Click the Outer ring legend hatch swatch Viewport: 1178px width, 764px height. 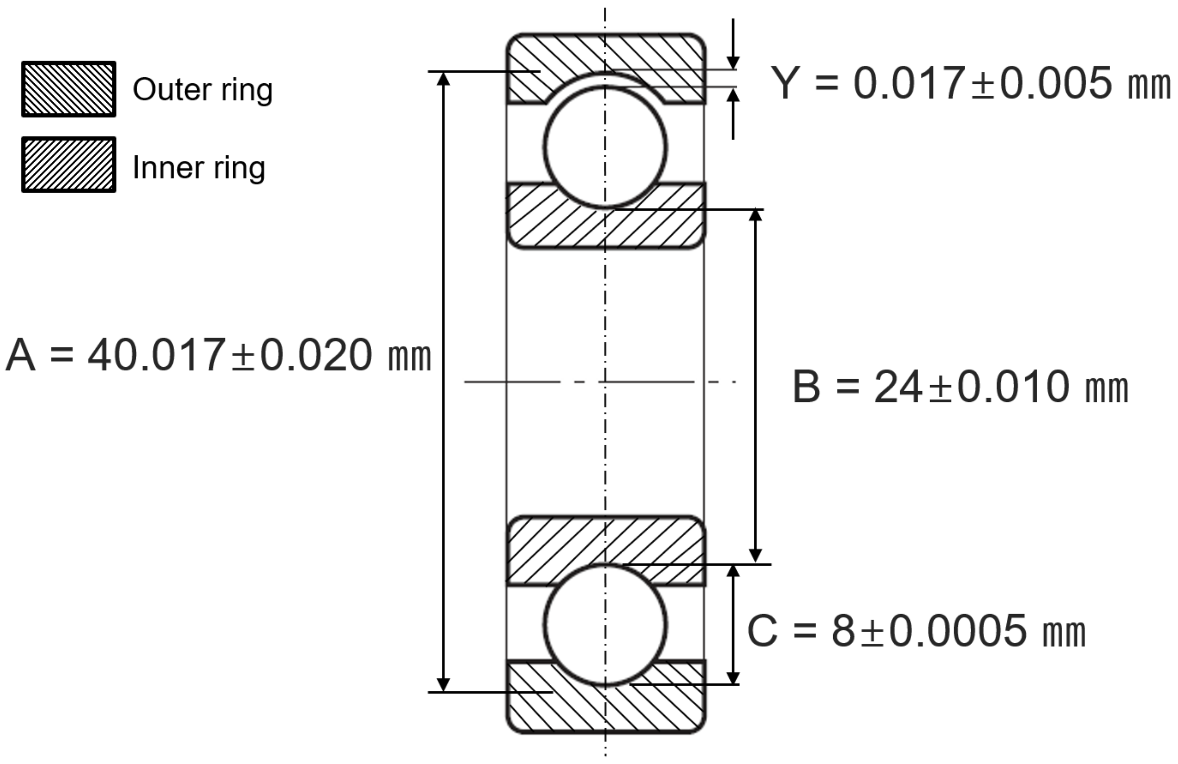(x=69, y=89)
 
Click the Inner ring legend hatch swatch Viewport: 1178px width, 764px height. (x=69, y=164)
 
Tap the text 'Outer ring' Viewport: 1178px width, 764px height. (x=203, y=90)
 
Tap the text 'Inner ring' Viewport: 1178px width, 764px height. (x=199, y=168)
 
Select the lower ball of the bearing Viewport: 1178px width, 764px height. (x=605, y=625)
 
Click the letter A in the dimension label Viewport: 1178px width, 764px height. (x=21, y=355)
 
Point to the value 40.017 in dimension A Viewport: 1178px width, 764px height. (x=157, y=355)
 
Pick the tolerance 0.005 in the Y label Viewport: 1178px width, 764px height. (x=1056, y=83)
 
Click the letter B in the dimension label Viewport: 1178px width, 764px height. (x=806, y=387)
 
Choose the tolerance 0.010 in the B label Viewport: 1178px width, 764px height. (x=1013, y=387)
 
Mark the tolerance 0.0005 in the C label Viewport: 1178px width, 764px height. (x=958, y=630)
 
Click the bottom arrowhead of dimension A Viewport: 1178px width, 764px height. (x=444, y=685)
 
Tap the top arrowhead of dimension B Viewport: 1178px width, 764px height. (x=755, y=215)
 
